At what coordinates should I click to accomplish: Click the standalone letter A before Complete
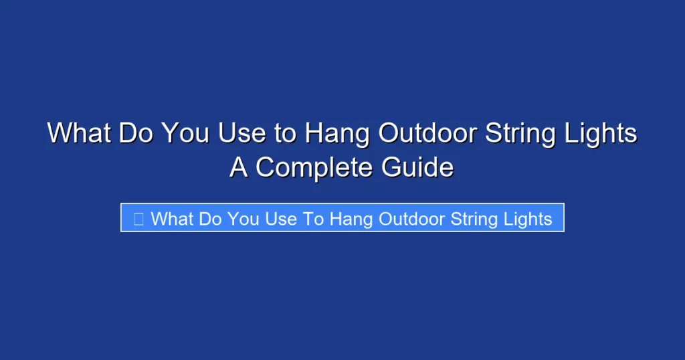[239, 167]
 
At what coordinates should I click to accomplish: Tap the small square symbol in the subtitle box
[138, 218]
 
